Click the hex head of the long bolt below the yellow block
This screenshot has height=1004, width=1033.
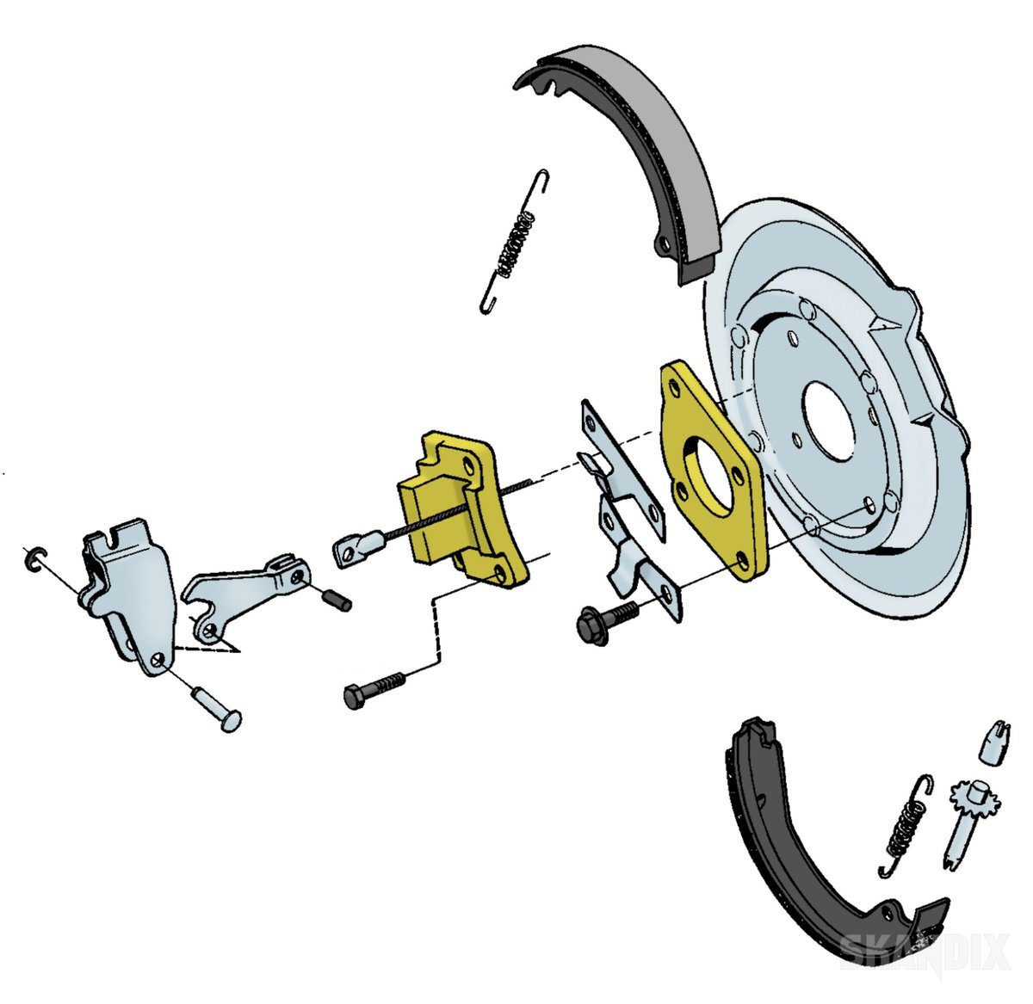[356, 697]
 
